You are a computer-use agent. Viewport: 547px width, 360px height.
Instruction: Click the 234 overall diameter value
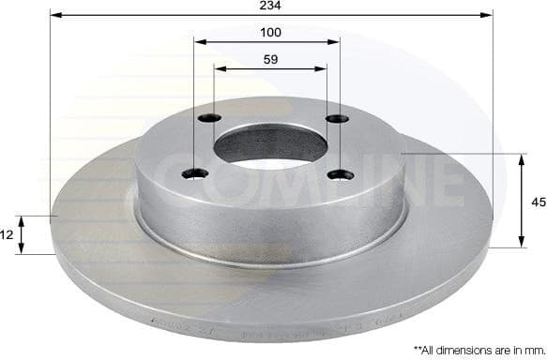271,6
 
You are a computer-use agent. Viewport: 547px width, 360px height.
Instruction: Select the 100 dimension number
271,33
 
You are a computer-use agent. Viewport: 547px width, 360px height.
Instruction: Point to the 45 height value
538,201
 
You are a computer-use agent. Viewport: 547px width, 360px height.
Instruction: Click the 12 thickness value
7,234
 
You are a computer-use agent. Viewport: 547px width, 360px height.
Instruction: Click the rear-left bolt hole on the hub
210,118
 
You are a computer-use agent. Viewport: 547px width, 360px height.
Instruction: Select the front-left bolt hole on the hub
195,172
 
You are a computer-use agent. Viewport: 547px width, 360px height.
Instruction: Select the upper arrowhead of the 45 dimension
522,157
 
